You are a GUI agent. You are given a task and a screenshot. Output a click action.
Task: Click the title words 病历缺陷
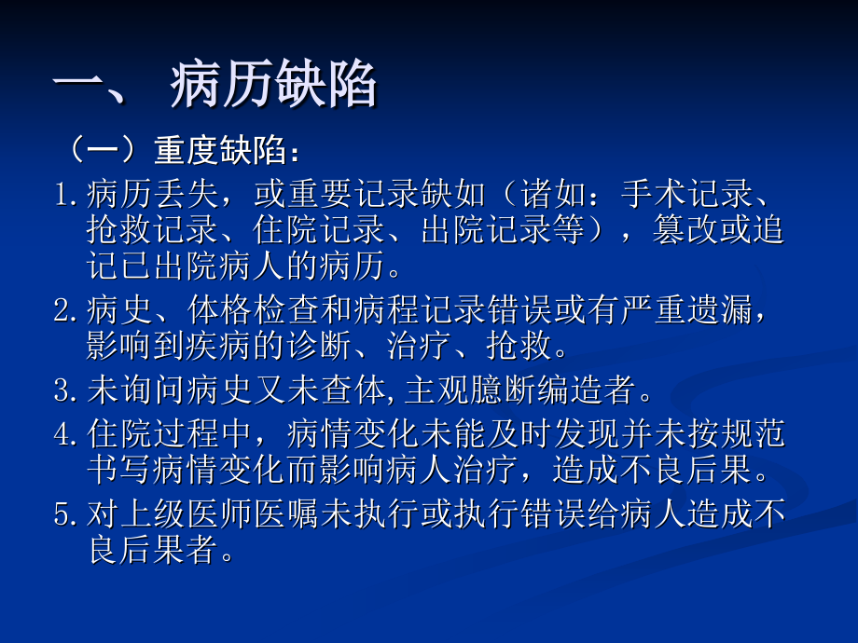(274, 88)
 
